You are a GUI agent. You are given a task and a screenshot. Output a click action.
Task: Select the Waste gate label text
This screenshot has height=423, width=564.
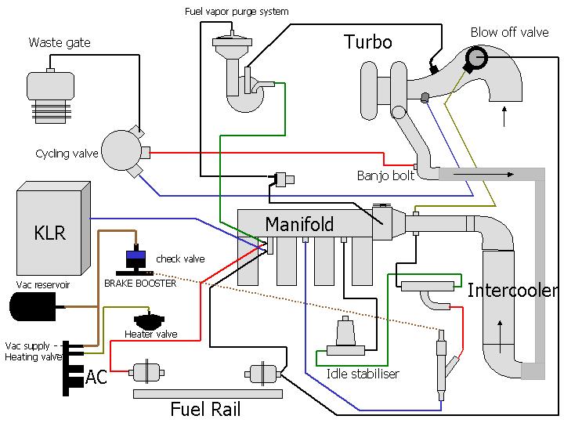[x=60, y=42]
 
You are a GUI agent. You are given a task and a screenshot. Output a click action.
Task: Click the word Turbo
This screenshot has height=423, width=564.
[x=368, y=42]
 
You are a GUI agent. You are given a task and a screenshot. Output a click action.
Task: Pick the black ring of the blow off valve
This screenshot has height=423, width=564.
[x=475, y=57]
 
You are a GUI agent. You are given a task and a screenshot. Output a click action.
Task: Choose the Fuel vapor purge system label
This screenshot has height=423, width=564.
[x=237, y=12]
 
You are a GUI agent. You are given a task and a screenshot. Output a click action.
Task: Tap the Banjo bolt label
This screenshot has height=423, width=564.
[x=385, y=175]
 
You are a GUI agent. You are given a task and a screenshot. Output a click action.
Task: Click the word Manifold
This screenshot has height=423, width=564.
[x=299, y=224]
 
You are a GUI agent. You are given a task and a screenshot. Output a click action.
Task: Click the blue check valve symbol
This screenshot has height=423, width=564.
[x=136, y=256]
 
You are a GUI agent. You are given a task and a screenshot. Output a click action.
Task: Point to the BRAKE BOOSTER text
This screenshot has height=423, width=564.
[x=140, y=284]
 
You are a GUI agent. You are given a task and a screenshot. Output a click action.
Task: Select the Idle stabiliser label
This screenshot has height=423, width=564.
[x=363, y=374]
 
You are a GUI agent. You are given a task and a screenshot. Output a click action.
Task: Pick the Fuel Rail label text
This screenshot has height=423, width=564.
[x=205, y=409]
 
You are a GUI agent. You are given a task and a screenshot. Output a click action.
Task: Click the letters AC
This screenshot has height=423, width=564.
[x=96, y=378]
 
